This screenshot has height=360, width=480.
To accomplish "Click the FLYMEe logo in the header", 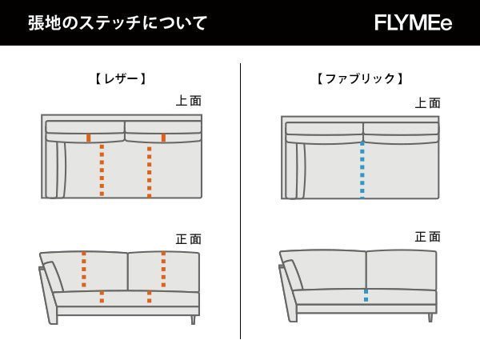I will tap(413, 22).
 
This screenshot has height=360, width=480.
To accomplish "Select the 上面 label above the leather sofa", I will tap(189, 102).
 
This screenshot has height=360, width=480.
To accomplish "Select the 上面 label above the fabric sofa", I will tap(428, 103).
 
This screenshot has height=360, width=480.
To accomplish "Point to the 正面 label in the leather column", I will tap(189, 238).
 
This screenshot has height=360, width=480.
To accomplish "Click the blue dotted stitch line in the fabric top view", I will tap(362, 170).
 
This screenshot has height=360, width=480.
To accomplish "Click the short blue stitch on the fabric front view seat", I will tap(366, 295).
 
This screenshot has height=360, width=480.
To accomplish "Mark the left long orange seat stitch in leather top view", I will tap(101, 170).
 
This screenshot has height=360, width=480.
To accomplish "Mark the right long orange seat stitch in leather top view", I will tap(149, 170).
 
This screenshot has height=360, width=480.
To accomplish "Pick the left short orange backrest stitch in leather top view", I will tap(88, 138).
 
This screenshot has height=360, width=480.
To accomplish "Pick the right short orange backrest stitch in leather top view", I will tap(163, 138).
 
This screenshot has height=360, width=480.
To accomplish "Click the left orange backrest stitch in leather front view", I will tap(83, 269).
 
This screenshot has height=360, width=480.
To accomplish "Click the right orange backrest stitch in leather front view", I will tap(163, 269).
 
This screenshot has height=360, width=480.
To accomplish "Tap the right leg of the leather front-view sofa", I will tap(192, 319).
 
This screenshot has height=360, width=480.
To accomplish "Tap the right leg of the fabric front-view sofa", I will tap(430, 317).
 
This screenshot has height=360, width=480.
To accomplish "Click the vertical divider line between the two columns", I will tap(241, 200).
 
